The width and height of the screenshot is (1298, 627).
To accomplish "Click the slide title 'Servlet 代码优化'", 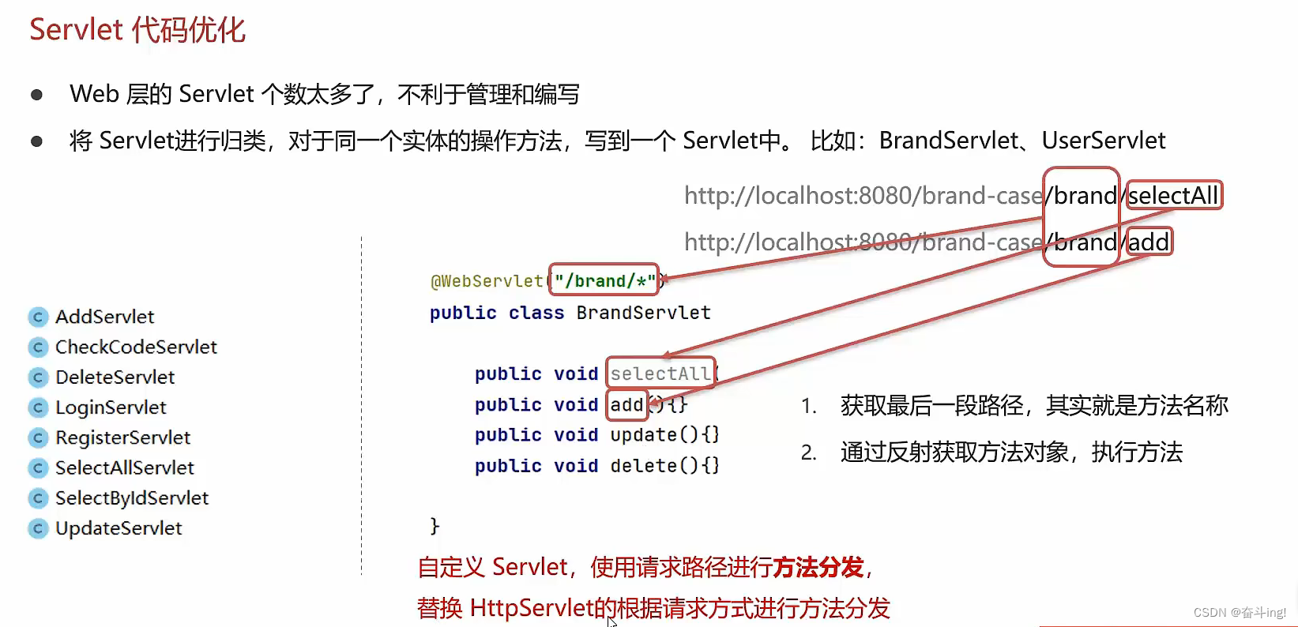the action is (137, 30).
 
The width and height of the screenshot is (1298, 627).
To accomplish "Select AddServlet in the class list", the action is (104, 317).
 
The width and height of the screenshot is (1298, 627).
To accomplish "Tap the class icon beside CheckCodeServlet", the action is (38, 347).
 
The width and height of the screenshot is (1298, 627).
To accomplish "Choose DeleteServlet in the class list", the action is (115, 377).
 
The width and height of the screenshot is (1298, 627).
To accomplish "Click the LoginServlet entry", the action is (111, 407).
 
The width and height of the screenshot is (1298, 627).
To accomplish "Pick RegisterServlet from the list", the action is (122, 437).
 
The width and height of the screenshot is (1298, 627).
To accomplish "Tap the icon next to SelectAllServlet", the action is (38, 468).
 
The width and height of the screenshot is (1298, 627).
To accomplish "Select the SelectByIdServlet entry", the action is (131, 498).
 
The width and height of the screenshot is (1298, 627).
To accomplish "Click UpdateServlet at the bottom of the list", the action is (119, 528).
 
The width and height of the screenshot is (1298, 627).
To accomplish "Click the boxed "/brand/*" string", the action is (604, 280).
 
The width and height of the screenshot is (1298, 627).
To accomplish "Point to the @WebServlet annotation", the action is (487, 281).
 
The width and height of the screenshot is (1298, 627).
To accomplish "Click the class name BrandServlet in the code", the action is (643, 313).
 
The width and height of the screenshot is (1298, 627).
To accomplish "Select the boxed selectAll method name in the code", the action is (660, 374).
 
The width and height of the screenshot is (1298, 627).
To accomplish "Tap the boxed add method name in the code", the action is (627, 405).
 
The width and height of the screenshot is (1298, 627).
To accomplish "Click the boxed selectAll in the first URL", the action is (1174, 195).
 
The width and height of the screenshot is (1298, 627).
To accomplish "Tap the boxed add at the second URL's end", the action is (1149, 242).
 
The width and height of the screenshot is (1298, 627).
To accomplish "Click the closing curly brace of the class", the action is (435, 526).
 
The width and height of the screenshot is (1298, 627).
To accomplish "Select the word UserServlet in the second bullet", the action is (1104, 141).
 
